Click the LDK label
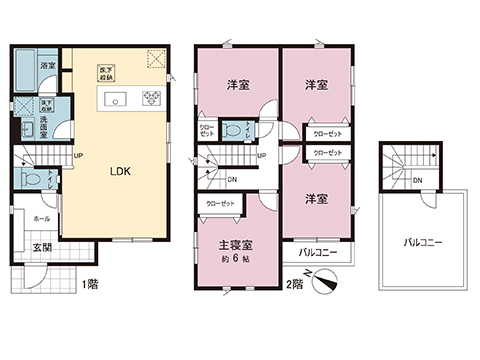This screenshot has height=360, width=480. [121, 170]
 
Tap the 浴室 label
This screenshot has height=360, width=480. [46, 65]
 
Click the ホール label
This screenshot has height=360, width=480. [41, 217]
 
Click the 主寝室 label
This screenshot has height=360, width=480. [234, 243]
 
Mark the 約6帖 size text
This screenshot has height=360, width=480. [234, 258]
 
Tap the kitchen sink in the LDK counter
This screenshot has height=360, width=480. [111, 97]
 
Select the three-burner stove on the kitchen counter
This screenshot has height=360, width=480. [152, 98]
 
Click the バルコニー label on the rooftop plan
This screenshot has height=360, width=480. [424, 242]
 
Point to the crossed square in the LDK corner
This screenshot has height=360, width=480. [156, 59]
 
